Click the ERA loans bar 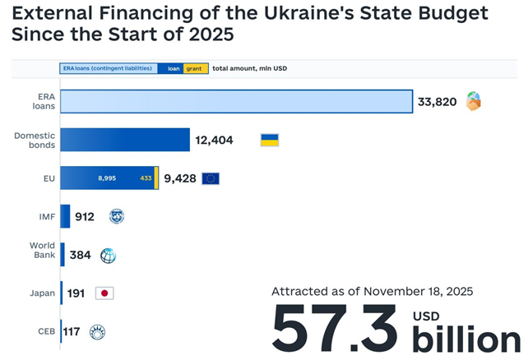pyautogui.click(x=236, y=102)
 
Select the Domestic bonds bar pyautogui.click(x=125, y=140)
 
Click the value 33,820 pyautogui.click(x=437, y=102)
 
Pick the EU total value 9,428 pyautogui.click(x=180, y=178)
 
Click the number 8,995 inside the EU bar pyautogui.click(x=108, y=178)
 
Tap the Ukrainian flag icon pyautogui.click(x=269, y=140)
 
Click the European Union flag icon pyautogui.click(x=211, y=178)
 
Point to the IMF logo pyautogui.click(x=116, y=217)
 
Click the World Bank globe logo pyautogui.click(x=108, y=256)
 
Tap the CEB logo pyautogui.click(x=97, y=332)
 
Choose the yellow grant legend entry pyautogui.click(x=195, y=68)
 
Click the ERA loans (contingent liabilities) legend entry pyautogui.click(x=108, y=68)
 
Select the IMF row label pyautogui.click(x=46, y=217)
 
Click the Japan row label pyautogui.click(x=43, y=293)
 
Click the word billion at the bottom pyautogui.click(x=466, y=339)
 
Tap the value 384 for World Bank pyautogui.click(x=80, y=256)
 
